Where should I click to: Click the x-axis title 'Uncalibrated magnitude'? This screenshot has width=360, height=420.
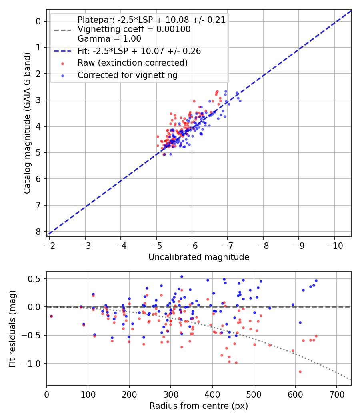point(199,257)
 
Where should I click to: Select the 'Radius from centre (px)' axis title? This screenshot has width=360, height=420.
point(199,406)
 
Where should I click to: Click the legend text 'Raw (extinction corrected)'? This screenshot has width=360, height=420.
point(132,63)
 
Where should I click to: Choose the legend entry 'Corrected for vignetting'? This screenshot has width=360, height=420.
point(127,75)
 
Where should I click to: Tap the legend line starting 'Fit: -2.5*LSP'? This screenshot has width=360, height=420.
point(139,51)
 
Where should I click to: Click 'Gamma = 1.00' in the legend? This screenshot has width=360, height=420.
point(109,39)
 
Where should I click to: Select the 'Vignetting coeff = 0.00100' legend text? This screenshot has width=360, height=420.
point(134,29)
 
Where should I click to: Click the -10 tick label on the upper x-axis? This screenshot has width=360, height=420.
point(334,245)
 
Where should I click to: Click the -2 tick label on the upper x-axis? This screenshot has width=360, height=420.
point(50,245)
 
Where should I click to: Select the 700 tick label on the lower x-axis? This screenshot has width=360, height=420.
point(337,394)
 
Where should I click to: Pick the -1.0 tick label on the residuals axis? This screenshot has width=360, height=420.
point(34,364)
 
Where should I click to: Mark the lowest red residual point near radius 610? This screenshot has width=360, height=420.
point(244,372)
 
